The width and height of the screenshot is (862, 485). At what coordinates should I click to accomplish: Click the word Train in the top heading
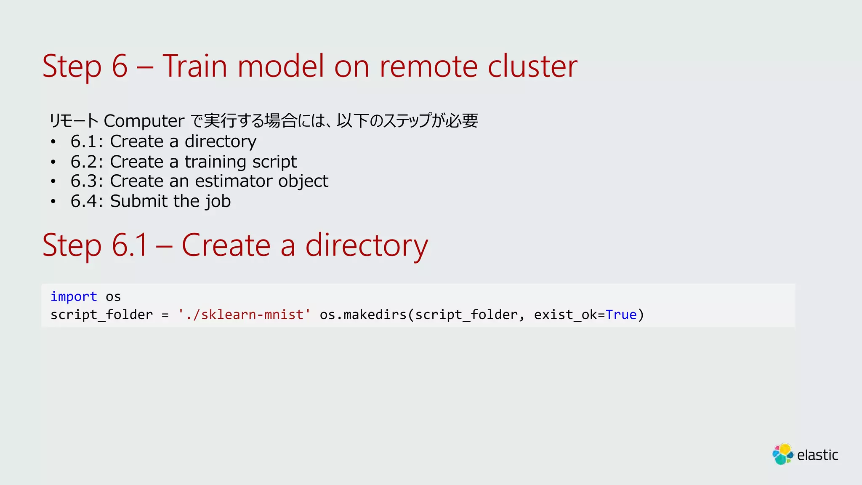[194, 67]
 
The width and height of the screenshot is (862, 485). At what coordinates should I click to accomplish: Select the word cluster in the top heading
[532, 67]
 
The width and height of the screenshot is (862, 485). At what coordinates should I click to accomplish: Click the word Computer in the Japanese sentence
[144, 121]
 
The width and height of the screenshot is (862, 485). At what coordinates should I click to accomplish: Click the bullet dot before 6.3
[53, 181]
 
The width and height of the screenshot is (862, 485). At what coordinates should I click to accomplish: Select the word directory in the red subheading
[366, 245]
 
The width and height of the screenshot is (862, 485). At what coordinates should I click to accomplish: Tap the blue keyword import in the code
[74, 297]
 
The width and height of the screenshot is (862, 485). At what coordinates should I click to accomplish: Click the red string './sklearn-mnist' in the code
[244, 314]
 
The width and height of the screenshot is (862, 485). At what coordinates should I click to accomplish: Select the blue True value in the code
[621, 314]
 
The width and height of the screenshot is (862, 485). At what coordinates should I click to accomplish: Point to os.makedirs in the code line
[363, 314]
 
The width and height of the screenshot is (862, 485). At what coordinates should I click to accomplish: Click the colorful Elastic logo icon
[782, 454]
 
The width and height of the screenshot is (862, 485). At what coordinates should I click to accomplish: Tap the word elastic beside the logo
[817, 455]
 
